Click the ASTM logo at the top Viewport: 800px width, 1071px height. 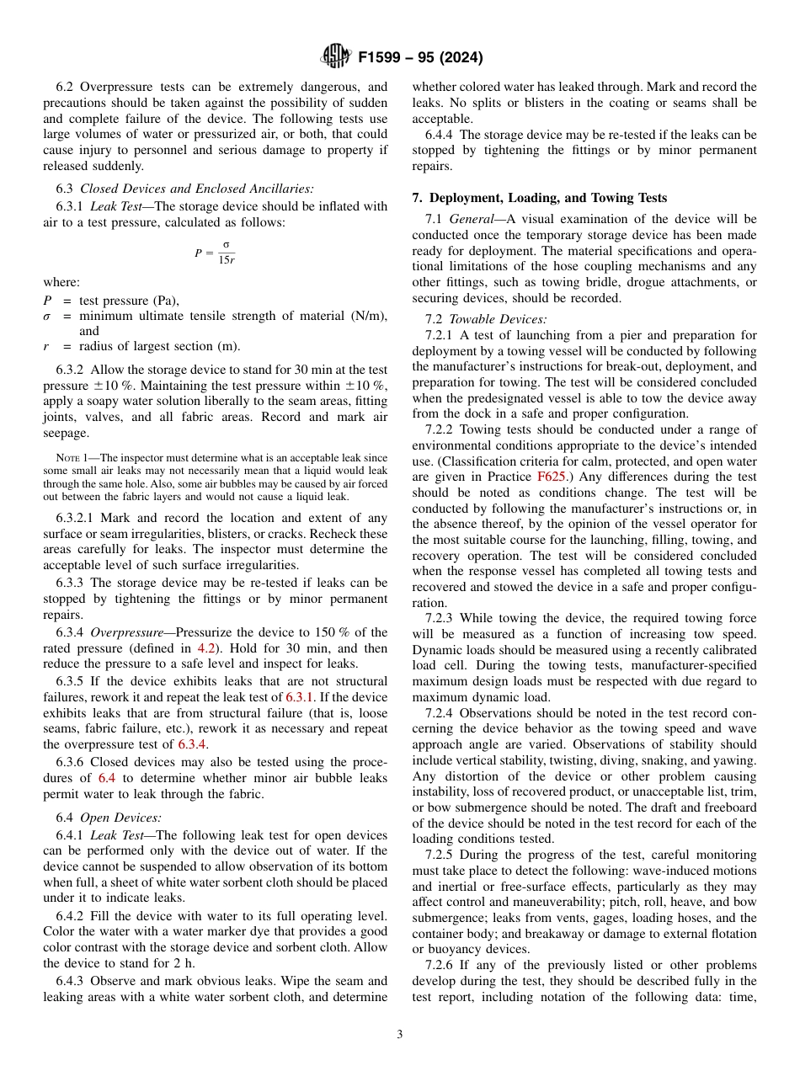pyautogui.click(x=335, y=57)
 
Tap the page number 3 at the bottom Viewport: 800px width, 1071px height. pyautogui.click(x=400, y=1035)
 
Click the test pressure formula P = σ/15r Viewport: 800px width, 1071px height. pyautogui.click(x=216, y=253)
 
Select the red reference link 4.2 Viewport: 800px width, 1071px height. pyautogui.click(x=205, y=648)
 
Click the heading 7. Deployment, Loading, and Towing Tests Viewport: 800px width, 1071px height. pyautogui.click(x=539, y=198)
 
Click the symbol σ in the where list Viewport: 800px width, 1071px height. pyautogui.click(x=47, y=316)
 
